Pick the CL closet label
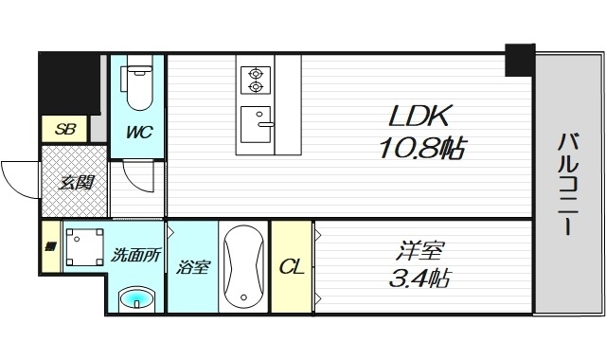(291, 267)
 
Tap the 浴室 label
(192, 267)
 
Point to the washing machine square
(81, 248)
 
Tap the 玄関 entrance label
(76, 181)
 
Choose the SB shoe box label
(64, 129)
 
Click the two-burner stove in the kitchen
(255, 79)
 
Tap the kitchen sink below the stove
(255, 121)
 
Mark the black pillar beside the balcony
(519, 59)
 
